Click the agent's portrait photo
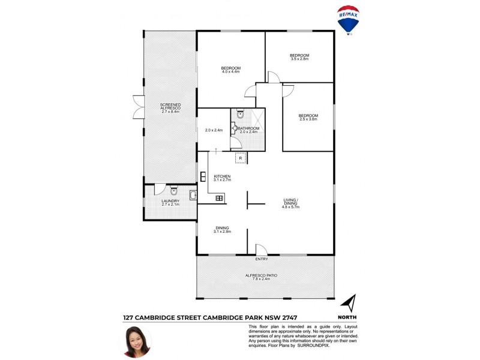pos(137,341)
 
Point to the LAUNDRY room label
pos(170,201)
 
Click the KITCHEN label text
pos(222,176)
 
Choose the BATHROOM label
pos(248,128)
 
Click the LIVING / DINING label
pos(291,202)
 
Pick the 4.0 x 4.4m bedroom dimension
pos(230,72)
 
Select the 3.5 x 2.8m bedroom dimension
pos(299,59)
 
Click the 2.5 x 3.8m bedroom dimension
pos(308,119)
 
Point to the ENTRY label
pos(262,259)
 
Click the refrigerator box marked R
pos(241,158)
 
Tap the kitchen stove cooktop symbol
pos(220,197)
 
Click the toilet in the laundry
pos(173,192)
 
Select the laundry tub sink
pos(193,194)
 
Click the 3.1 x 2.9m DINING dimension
pos(222,232)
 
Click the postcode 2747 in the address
pos(286,317)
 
